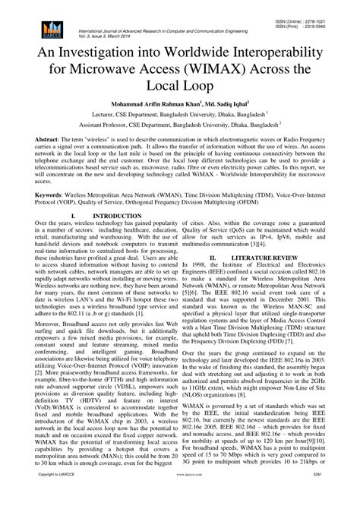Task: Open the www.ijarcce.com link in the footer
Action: (x=180, y=495)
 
